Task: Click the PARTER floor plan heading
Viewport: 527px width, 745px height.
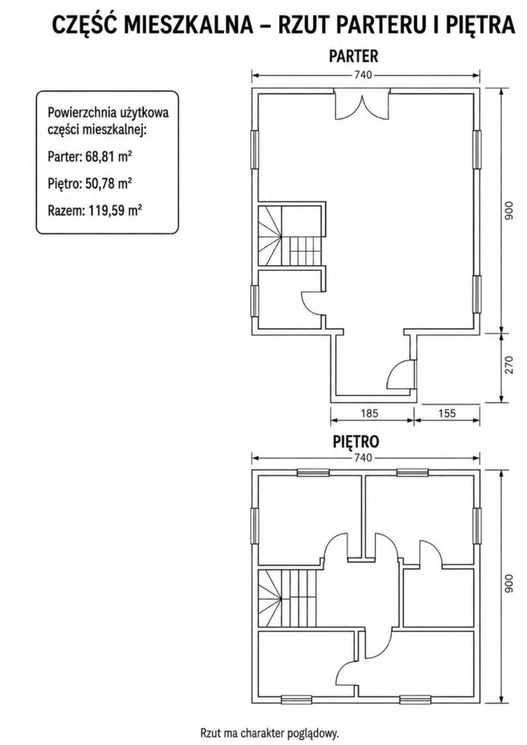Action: coord(354,55)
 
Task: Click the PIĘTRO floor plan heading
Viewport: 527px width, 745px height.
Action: coord(355,442)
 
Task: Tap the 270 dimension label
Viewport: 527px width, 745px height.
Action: coord(509,365)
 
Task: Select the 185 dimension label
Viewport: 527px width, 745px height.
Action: coord(369,413)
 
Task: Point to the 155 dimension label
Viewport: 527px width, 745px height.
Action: coord(446,413)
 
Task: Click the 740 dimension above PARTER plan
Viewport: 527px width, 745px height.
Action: coord(362,75)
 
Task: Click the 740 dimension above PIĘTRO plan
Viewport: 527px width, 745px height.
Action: coord(362,458)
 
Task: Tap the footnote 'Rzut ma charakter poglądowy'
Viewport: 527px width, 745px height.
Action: coord(270,732)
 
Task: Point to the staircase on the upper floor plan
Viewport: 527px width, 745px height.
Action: coord(288,599)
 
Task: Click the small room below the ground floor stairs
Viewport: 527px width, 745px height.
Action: coord(289,299)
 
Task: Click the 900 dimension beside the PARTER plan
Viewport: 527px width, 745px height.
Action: coord(509,211)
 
